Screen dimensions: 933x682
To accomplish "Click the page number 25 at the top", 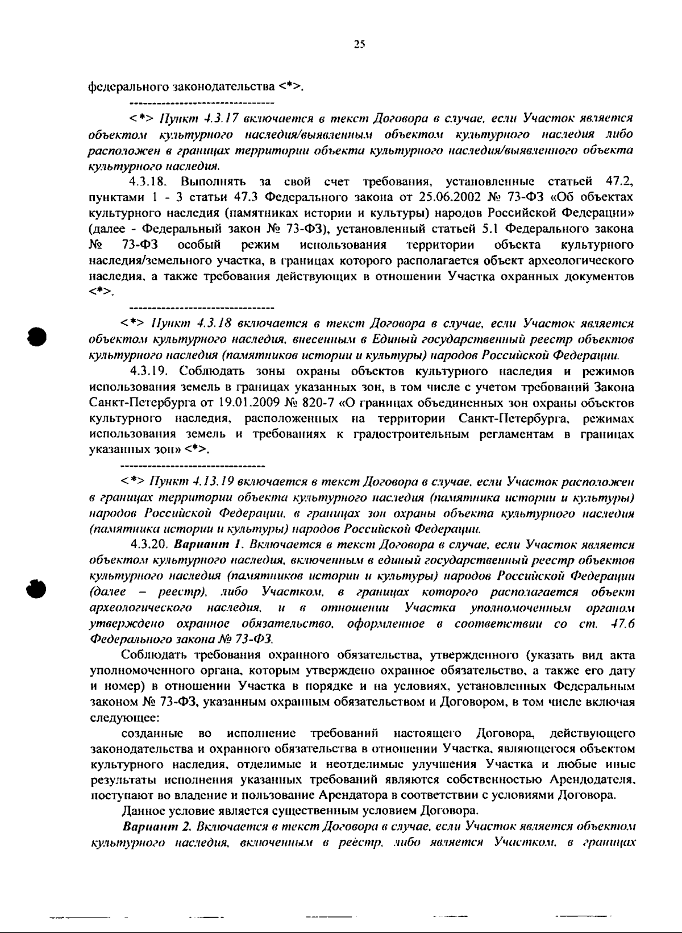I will click(x=358, y=46).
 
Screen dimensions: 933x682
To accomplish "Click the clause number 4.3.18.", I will click(x=148, y=182).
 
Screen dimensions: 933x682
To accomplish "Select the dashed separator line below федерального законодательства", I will click(x=202, y=103).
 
